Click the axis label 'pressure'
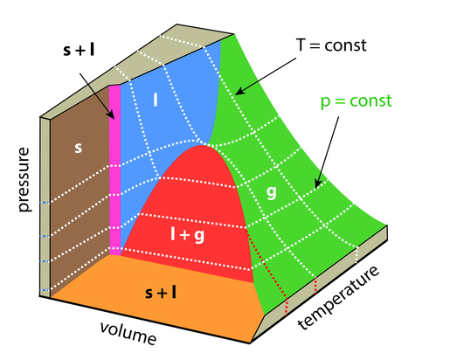(24, 180)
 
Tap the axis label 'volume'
(128, 333)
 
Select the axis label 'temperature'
(339, 298)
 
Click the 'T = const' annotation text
(331, 45)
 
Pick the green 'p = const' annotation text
(356, 101)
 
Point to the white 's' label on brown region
(78, 148)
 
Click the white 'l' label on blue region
(156, 100)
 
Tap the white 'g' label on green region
(272, 192)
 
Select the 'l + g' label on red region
(187, 235)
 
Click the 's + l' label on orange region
(161, 293)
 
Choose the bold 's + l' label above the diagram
(79, 51)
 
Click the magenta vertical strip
(114, 170)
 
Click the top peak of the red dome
(201, 145)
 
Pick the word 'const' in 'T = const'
(345, 45)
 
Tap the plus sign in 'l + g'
(184, 235)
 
